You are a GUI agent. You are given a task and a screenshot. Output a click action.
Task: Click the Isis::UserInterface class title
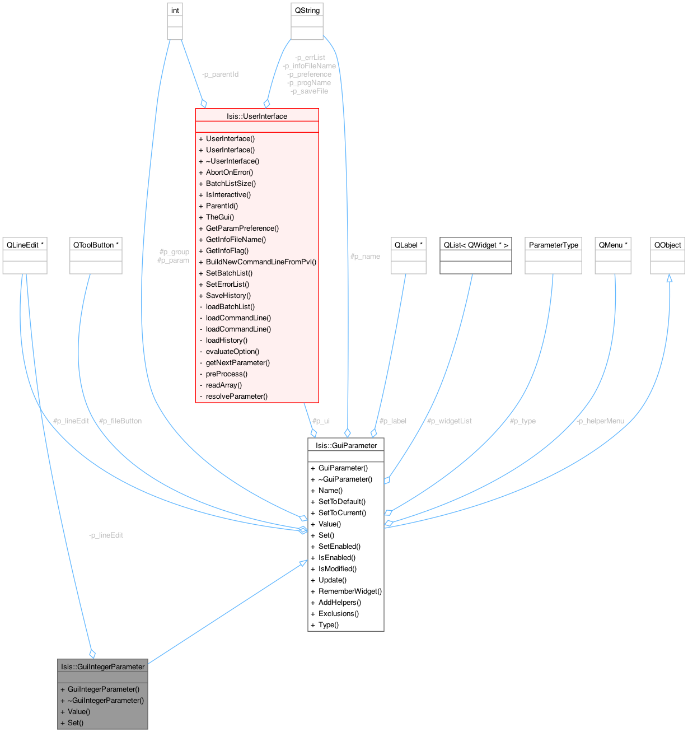point(257,116)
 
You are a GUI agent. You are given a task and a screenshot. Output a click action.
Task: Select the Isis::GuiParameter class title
point(345,445)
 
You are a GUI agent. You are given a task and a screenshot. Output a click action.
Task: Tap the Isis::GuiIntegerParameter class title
point(103,666)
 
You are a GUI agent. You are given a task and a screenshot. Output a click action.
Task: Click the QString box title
point(307,10)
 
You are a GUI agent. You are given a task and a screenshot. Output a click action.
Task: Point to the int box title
point(175,10)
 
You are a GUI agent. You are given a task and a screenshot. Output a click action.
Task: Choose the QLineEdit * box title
point(25,245)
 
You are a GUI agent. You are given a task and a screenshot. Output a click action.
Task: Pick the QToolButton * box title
point(96,245)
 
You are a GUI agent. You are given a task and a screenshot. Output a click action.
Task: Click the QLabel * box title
point(408,245)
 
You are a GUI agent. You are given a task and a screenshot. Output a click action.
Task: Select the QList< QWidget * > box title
point(476,245)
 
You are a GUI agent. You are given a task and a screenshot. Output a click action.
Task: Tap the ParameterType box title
point(553,245)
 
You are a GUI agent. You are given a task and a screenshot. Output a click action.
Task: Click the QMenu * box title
point(613,245)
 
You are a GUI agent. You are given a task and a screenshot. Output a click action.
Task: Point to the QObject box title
point(667,245)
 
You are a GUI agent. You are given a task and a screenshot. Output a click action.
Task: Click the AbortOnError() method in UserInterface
point(230,172)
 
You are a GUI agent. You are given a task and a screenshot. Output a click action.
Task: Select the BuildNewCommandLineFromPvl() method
point(261,262)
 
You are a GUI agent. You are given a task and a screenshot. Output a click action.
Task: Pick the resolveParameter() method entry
point(236,396)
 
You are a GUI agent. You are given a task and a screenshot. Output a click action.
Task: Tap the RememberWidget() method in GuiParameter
point(350,591)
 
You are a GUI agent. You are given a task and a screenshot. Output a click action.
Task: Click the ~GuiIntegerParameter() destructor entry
point(105,700)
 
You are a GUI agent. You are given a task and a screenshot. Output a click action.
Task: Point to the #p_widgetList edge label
point(449,421)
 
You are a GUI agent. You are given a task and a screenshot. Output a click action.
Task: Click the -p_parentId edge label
point(220,74)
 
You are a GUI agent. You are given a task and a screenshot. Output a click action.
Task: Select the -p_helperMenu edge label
point(600,421)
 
